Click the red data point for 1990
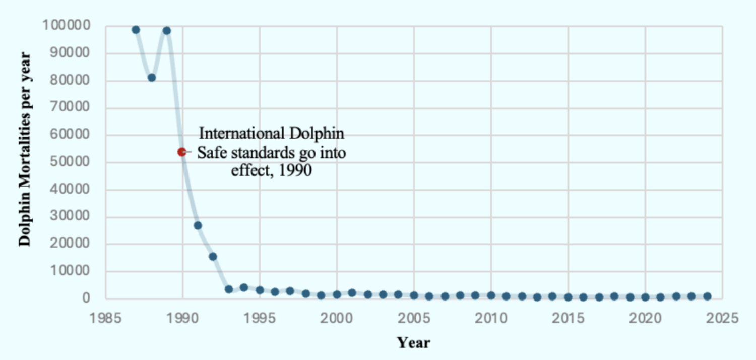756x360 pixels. coord(182,152)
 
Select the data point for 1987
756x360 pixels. coord(136,30)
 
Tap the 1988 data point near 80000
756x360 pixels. coord(151,78)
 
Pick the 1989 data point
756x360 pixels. coord(167,31)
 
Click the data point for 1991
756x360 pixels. coord(198,225)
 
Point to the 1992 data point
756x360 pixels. coord(213,257)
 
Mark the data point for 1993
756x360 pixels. coord(228,289)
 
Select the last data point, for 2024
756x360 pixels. coord(707,296)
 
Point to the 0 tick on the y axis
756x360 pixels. coord(93,298)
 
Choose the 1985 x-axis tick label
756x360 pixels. coord(106,319)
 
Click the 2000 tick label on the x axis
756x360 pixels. coord(337,319)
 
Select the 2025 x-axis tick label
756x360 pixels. coord(722,319)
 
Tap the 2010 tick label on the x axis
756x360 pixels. coord(491,319)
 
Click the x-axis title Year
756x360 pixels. coord(414,343)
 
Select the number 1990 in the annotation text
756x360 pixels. coord(295,170)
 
